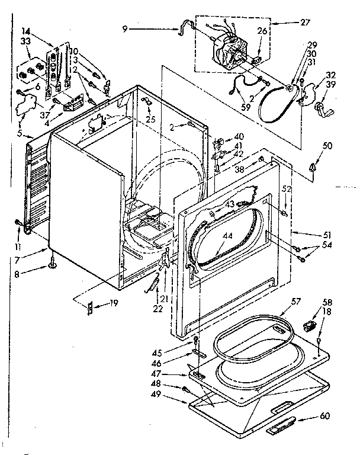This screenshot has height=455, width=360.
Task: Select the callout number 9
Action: point(126,28)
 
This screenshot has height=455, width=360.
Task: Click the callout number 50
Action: point(327,146)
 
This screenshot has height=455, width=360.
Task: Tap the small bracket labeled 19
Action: point(90,307)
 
